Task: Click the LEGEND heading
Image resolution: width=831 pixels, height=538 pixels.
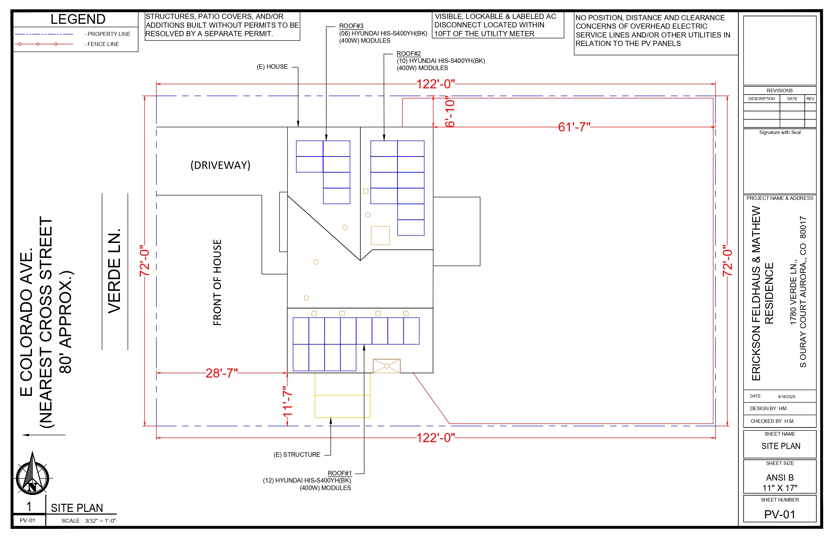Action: [x=78, y=19]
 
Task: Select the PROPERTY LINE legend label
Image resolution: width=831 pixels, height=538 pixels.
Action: [x=109, y=34]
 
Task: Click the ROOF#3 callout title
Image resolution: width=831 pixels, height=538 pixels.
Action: [x=351, y=26]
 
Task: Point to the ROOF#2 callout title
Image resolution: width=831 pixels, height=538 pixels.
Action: [x=409, y=53]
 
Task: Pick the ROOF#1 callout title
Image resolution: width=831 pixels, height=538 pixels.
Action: [x=340, y=473]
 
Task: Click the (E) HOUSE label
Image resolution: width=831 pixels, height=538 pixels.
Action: [x=272, y=67]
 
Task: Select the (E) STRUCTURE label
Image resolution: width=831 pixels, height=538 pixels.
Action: [x=297, y=455]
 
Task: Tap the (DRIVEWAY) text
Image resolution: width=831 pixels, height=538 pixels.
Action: [x=220, y=165]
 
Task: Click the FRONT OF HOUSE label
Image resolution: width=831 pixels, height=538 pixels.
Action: [x=217, y=282]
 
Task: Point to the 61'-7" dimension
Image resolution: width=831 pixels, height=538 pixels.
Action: [x=574, y=127]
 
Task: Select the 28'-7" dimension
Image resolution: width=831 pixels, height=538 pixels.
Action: [x=221, y=373]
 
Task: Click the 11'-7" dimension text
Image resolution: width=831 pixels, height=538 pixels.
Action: [x=287, y=401]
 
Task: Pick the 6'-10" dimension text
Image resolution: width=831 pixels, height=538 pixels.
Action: [x=450, y=112]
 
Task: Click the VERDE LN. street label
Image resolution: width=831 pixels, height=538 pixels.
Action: [x=114, y=271]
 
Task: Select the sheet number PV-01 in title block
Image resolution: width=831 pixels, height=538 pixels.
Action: [x=780, y=515]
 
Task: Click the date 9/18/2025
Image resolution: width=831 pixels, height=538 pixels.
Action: [x=787, y=396]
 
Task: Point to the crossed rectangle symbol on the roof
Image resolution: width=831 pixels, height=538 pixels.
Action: [x=386, y=366]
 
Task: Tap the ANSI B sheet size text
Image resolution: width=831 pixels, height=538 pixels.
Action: [x=780, y=478]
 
